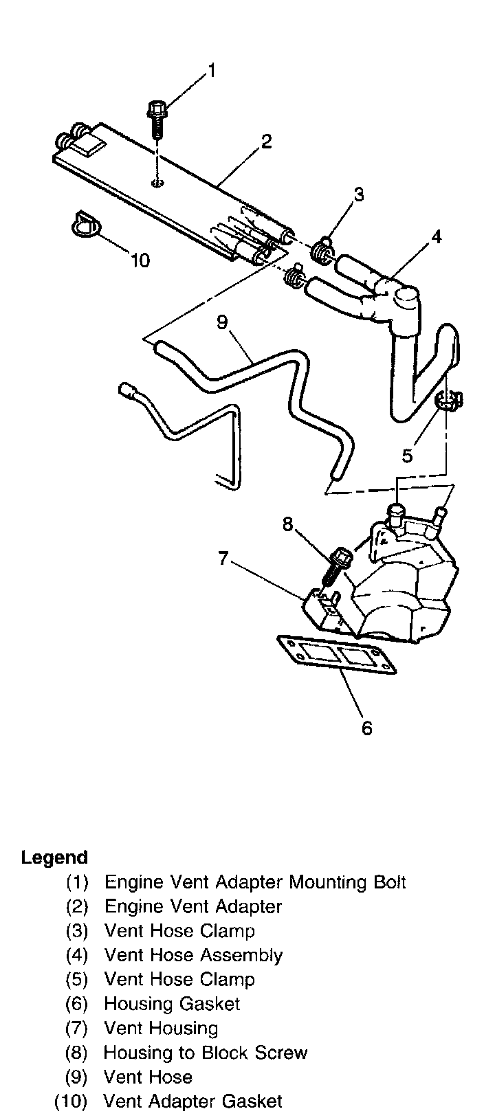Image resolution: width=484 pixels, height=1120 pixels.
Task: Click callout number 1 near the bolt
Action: pos(212,71)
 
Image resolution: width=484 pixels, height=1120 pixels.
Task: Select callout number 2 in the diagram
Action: pos(266,142)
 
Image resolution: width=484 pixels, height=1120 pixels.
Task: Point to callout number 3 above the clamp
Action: pos(358,196)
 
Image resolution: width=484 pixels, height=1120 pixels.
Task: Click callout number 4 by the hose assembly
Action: pos(435,238)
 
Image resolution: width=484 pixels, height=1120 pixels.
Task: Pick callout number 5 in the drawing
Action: pos(408,455)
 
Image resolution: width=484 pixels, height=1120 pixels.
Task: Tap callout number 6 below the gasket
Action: pos(366,728)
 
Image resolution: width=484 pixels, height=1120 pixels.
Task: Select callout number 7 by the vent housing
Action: pos(223,559)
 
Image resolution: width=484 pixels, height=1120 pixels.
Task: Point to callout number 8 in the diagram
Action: pos(287,525)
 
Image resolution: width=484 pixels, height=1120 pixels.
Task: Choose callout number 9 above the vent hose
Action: pos(221,322)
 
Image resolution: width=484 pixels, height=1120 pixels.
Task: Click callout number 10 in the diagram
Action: pos(140,260)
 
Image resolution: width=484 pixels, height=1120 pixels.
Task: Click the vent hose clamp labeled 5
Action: pos(450,401)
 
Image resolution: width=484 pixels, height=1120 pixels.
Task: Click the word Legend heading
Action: pos(54,858)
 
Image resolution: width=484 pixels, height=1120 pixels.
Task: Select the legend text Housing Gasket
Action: pos(172,1004)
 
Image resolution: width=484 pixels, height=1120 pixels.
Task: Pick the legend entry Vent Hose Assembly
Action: pos(193,955)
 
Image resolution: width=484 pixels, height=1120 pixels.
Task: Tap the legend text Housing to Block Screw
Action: pos(206,1053)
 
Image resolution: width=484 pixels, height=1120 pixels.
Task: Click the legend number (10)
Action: pos(71,1101)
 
